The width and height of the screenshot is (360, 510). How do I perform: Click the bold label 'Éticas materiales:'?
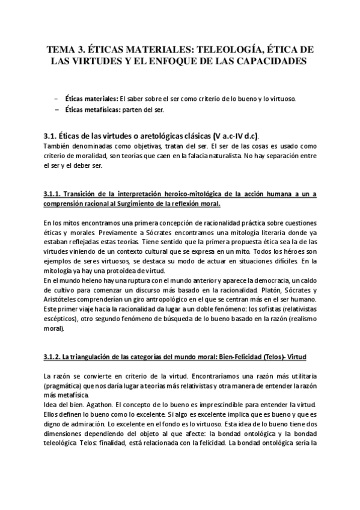[91, 99]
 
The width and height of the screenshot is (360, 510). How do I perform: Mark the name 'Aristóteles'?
[63, 298]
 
